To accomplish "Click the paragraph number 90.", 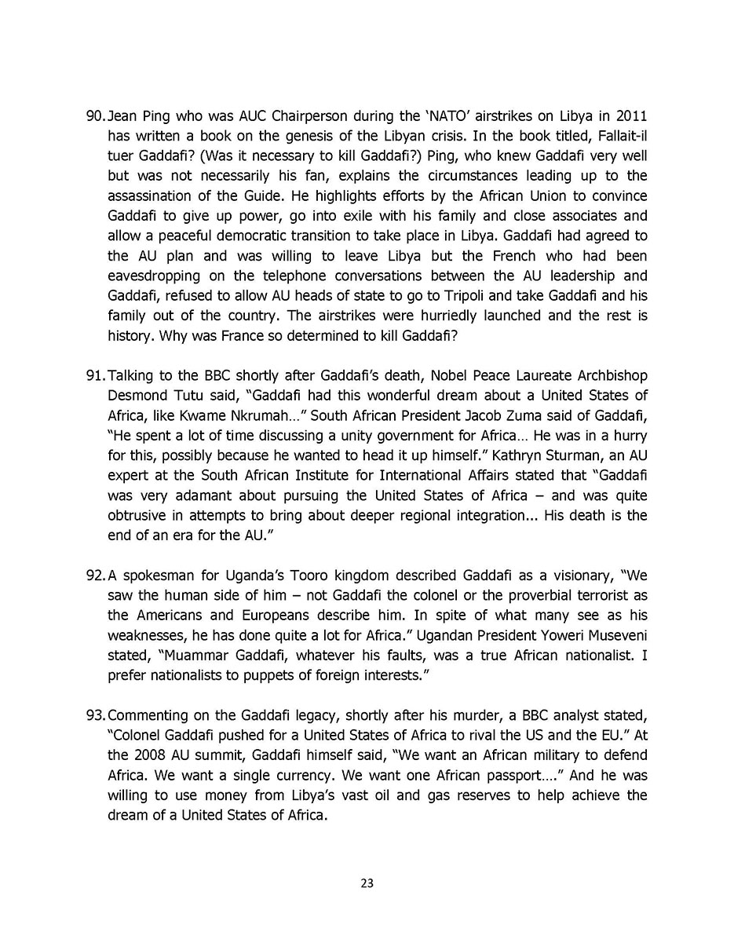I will [x=94, y=116].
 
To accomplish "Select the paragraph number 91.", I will [x=94, y=376].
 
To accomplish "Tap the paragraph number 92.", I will [x=94, y=575].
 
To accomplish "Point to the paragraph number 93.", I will [x=94, y=715].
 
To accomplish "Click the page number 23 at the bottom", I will [x=367, y=883].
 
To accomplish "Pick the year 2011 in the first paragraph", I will [x=632, y=116].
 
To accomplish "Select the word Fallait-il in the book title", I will [x=619, y=136].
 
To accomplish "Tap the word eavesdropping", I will [x=154, y=276].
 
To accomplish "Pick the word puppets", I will [x=260, y=675].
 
